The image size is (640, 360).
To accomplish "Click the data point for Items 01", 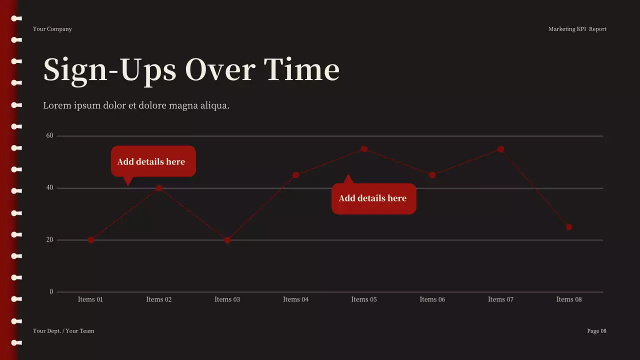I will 91,240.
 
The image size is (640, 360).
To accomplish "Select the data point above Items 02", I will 159,188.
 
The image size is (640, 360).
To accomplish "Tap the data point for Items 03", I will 227,240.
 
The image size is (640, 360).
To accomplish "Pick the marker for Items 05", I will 364,149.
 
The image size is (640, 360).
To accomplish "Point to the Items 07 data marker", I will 500,149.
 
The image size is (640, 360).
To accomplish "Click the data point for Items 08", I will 569,227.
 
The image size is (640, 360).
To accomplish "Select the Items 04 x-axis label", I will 295,299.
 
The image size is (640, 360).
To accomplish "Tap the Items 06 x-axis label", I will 432,299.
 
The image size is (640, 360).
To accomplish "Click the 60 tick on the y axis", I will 49,135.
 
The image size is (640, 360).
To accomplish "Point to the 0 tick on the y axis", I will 51,292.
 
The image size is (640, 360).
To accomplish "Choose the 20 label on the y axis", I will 49,240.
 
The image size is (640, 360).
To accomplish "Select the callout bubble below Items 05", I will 373,198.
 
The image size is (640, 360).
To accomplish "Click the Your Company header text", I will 52,29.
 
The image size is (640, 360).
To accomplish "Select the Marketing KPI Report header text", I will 577,29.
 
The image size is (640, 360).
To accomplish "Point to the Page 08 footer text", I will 596,331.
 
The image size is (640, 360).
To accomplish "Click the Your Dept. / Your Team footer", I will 63,331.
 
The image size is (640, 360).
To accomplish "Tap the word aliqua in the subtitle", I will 213,105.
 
